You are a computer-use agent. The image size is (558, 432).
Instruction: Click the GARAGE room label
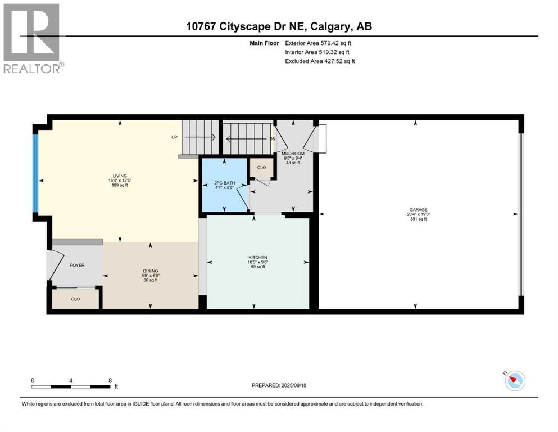[x=418, y=210]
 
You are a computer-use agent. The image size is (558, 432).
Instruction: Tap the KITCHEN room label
[x=258, y=258]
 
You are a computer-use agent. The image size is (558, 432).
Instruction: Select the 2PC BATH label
[x=225, y=183]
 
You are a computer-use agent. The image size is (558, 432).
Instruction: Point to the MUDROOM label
[x=293, y=154]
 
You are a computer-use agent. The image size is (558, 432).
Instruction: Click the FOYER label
[x=77, y=265]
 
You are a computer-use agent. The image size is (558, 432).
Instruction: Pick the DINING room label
[x=151, y=271]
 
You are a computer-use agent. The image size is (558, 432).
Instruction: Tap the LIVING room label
[x=120, y=176]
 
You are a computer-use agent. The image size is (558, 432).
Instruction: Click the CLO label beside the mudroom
[x=261, y=168]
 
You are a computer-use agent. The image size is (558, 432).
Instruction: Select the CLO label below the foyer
[x=75, y=299]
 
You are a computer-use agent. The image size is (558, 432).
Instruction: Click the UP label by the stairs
[x=174, y=137]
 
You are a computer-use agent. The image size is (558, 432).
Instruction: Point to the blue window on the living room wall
[x=35, y=173]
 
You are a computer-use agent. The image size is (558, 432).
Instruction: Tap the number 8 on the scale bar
[x=110, y=380]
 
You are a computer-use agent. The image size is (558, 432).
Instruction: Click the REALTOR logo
[x=34, y=38]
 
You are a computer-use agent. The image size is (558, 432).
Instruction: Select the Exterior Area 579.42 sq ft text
[x=318, y=43]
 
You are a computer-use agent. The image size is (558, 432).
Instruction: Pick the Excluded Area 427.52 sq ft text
[x=320, y=61]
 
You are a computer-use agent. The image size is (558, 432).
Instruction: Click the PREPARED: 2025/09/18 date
[x=279, y=385]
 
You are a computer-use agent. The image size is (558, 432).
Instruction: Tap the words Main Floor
[x=264, y=43]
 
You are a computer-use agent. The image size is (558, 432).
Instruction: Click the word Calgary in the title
[x=329, y=26]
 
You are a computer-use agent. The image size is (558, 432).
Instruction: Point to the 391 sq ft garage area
[x=418, y=219]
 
